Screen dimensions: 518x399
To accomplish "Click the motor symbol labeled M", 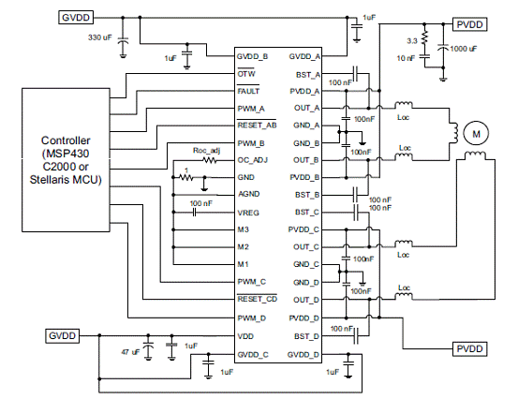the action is (476, 134).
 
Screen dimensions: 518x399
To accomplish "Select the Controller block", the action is (66, 160).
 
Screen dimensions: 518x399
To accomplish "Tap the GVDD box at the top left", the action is (76, 17).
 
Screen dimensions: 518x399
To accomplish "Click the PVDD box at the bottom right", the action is (469, 348).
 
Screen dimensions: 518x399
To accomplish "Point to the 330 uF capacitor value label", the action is (100, 37).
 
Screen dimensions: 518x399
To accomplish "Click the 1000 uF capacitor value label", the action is (463, 49).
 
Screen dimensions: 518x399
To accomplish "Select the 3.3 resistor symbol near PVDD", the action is (424, 37).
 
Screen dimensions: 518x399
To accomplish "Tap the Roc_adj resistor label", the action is (206, 151).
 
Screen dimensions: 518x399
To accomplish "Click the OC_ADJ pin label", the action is (253, 160).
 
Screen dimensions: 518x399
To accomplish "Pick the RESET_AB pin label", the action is (257, 126).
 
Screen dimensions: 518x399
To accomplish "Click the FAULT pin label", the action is (248, 91).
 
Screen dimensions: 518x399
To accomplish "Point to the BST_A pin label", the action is (308, 75).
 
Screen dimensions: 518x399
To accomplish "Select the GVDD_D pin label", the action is (303, 355).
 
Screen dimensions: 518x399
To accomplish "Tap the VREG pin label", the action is (248, 213).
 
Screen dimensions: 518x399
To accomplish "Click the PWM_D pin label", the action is (252, 318).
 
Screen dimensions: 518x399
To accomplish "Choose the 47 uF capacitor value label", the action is (130, 352).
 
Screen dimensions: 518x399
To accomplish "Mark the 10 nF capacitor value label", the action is (406, 58).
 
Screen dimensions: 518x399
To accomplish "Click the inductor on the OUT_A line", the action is (404, 105).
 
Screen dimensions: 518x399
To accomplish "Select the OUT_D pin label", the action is (306, 300).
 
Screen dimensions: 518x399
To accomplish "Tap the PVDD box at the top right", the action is (469, 24).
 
